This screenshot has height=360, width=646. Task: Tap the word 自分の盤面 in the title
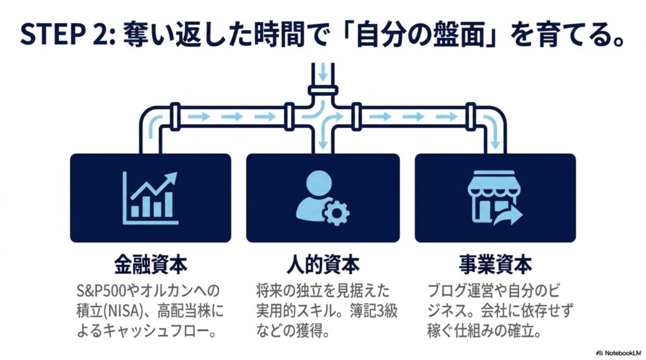click(x=420, y=35)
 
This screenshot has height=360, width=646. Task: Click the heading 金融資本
click(x=151, y=264)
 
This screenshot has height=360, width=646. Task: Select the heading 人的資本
click(x=323, y=264)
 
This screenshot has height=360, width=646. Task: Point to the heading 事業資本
click(x=495, y=264)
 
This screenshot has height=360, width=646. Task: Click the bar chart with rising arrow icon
click(x=150, y=198)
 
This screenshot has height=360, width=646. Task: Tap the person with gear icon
click(x=322, y=198)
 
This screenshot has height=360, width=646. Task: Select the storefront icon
click(x=495, y=198)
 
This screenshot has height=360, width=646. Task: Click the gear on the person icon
click(x=336, y=212)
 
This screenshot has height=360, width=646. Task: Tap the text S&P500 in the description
click(x=102, y=291)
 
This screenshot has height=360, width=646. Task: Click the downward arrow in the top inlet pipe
click(x=323, y=73)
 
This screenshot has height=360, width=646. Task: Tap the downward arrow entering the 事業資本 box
click(x=492, y=131)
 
